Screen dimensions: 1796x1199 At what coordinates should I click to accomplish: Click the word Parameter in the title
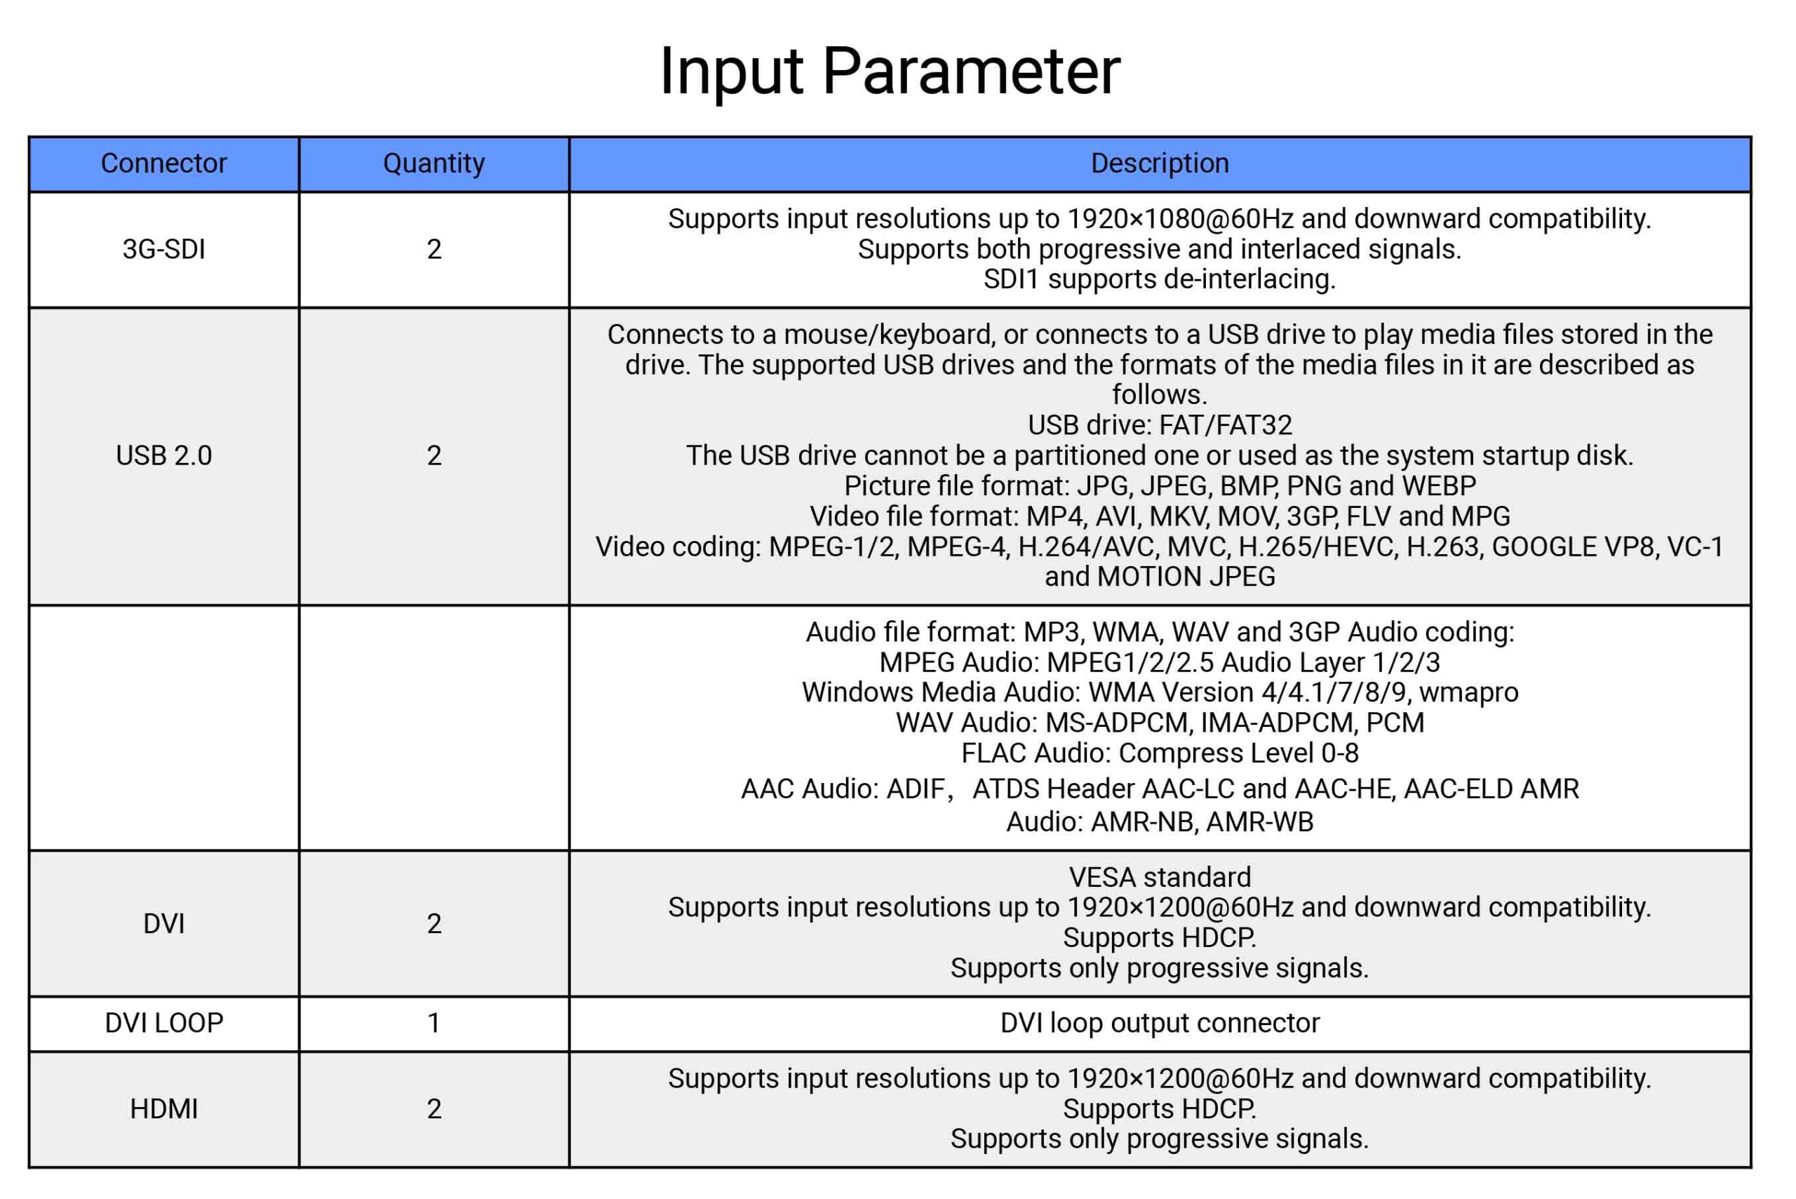(971, 71)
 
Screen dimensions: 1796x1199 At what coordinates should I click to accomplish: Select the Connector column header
(163, 163)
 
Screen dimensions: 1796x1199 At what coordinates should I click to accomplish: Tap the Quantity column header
(434, 163)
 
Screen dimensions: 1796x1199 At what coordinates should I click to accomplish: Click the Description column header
(1160, 163)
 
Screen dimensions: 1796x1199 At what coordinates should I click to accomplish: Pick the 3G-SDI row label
(163, 249)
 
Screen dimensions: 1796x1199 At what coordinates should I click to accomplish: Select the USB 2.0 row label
(163, 456)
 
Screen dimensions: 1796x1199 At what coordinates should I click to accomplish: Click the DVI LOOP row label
(163, 1023)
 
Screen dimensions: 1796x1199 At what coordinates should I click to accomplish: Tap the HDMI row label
(163, 1108)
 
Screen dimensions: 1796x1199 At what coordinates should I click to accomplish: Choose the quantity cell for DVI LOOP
(434, 1023)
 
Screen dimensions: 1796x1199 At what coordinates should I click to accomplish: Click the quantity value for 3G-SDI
(434, 249)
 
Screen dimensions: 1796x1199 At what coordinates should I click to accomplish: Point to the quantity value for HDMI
(434, 1108)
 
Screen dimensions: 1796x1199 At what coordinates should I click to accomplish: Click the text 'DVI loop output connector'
(1160, 1023)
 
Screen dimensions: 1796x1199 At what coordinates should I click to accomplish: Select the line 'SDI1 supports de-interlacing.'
(1160, 279)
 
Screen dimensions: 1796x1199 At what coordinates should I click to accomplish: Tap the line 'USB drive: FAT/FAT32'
(1160, 425)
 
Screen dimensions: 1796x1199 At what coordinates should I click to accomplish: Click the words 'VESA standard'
(1160, 877)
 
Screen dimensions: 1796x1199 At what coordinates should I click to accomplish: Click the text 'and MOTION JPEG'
(1160, 577)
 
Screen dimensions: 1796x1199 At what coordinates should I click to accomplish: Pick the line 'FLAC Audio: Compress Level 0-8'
(1160, 753)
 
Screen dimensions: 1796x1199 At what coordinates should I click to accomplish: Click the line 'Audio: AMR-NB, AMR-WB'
(1160, 822)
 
